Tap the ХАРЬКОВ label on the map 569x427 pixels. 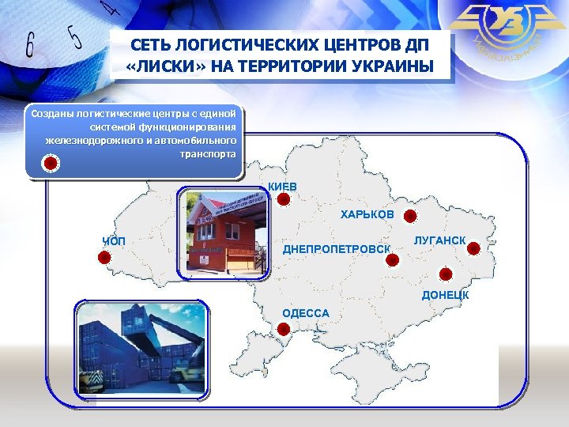tap(367, 214)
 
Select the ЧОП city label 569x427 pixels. tap(115, 241)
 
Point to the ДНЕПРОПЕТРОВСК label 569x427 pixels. tap(337, 250)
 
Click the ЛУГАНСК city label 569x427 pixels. tap(439, 240)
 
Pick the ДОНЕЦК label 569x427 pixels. tap(445, 295)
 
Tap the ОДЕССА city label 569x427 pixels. tap(306, 313)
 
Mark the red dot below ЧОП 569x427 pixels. tap(104, 257)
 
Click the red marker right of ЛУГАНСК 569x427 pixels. tap(473, 248)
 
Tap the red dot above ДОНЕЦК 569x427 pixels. tap(445, 274)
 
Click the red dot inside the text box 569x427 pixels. tap(50, 164)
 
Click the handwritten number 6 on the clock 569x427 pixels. tap(29, 45)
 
